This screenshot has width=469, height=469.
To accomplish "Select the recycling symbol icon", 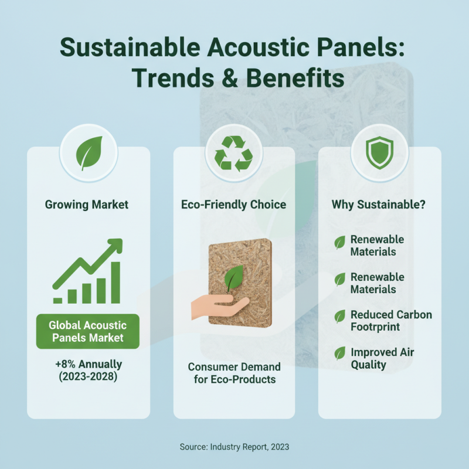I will click(233, 154).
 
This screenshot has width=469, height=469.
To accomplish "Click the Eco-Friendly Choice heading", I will click(233, 205).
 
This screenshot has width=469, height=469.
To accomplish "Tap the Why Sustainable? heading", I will click(378, 205).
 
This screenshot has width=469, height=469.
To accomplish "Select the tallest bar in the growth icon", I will click(115, 282).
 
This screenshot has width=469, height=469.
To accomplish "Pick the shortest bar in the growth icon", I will click(58, 300).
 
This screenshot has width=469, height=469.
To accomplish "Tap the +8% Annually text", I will click(88, 365).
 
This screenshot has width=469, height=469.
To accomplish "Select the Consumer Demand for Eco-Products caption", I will click(234, 373).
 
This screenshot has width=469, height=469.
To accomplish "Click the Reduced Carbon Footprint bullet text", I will click(390, 321).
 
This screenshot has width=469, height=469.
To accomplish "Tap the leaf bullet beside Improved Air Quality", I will click(339, 354).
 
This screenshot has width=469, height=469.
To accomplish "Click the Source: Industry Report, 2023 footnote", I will click(235, 447).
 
